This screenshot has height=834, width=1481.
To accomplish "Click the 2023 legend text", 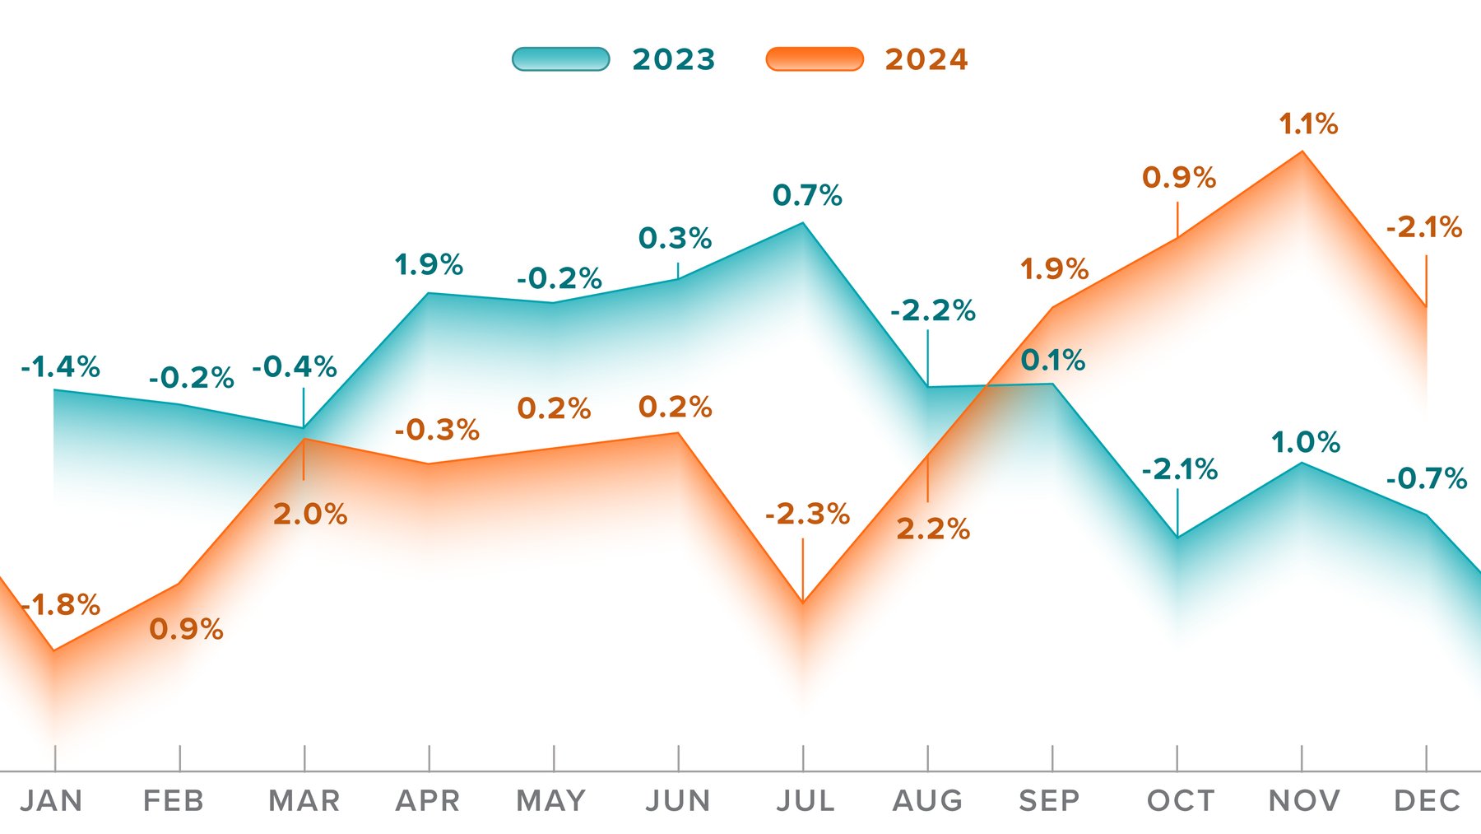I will (x=674, y=60).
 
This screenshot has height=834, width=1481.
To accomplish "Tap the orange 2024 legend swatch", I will (x=815, y=59).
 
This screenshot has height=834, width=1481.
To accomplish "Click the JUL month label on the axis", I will (x=805, y=800).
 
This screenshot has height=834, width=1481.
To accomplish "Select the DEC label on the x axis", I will (x=1427, y=800).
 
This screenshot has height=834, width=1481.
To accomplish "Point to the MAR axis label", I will (x=304, y=800).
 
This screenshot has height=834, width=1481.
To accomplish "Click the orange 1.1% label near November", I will (x=1308, y=124).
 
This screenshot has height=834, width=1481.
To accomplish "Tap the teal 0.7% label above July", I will (x=807, y=196).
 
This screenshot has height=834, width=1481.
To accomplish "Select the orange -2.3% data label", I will (x=807, y=515).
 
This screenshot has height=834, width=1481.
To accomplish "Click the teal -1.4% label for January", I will (x=60, y=367).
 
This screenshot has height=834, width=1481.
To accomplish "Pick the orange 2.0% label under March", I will (x=310, y=515).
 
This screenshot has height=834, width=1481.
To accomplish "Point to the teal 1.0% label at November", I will (x=1306, y=443).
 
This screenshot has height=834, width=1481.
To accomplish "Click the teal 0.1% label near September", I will (x=1053, y=361).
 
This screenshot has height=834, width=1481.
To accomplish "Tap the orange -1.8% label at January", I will (x=60, y=605).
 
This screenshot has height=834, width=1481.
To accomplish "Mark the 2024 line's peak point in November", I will (x=1302, y=151).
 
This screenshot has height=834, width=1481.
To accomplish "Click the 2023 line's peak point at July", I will (x=803, y=223).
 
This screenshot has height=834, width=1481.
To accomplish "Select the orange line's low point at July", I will (x=803, y=603).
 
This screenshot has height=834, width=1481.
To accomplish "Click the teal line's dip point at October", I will (x=1177, y=537).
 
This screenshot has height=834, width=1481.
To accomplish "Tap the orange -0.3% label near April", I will (x=437, y=430).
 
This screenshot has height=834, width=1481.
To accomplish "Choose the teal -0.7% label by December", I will (x=1427, y=478).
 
